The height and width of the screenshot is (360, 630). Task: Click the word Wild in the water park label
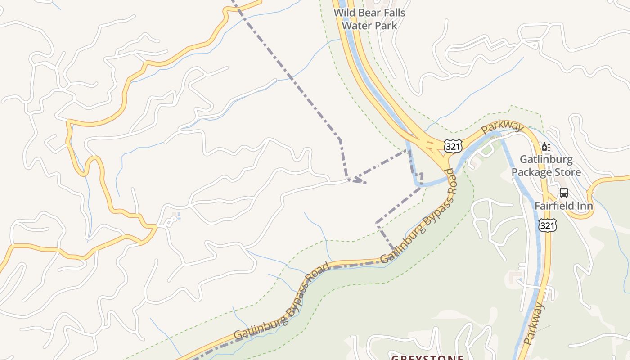[x=343, y=13]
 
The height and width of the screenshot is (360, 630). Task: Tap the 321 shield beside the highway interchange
[x=452, y=146]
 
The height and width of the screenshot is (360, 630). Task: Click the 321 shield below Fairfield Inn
[x=547, y=225]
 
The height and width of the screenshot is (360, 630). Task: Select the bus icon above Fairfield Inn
[x=563, y=193]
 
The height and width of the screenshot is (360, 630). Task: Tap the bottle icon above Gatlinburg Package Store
[x=544, y=146]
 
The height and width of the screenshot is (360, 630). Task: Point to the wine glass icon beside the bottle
[x=549, y=146]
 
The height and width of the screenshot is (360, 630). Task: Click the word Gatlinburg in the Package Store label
[x=546, y=160]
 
